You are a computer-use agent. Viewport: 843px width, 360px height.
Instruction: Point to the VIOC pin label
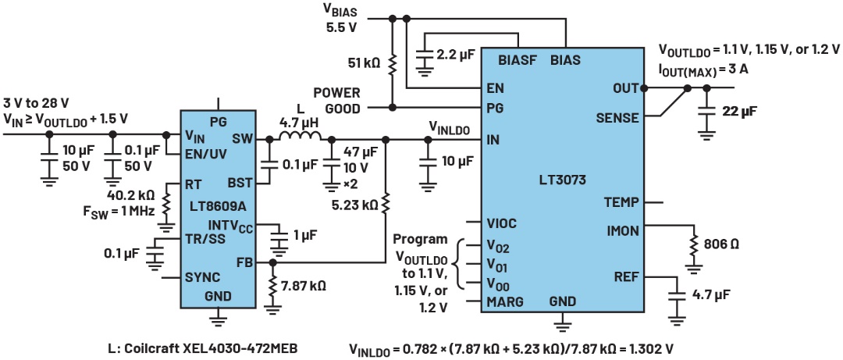click(503, 223)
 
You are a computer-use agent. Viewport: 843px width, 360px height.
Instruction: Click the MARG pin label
click(504, 301)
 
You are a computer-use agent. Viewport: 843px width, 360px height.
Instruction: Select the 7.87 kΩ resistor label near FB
click(303, 285)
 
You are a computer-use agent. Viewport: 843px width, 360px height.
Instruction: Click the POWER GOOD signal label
click(336, 99)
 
